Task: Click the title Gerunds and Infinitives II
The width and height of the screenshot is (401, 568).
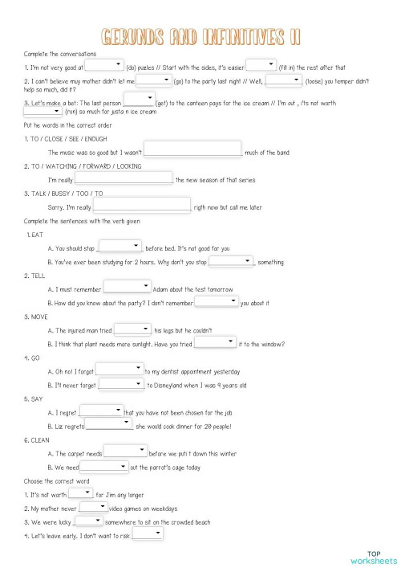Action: pyautogui.click(x=200, y=36)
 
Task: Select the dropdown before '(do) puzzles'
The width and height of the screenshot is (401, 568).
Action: pyautogui.click(x=103, y=66)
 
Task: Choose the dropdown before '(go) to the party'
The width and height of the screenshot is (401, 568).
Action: pyautogui.click(x=154, y=80)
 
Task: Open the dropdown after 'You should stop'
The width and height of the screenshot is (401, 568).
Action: pyautogui.click(x=119, y=247)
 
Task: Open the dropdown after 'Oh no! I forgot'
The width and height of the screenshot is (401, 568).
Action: pyautogui.click(x=119, y=370)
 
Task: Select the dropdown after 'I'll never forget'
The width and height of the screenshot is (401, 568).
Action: pyautogui.click(x=122, y=385)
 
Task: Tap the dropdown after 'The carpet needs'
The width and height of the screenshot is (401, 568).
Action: pyautogui.click(x=125, y=452)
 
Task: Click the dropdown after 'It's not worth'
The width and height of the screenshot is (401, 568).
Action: pyautogui.click(x=80, y=494)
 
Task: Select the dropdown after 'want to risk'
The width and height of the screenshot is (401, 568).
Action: pyautogui.click(x=148, y=534)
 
